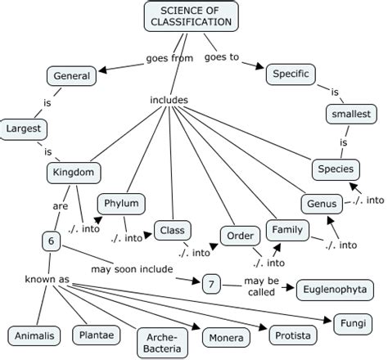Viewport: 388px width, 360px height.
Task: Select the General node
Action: click(72, 76)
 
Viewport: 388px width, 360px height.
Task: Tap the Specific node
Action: click(291, 74)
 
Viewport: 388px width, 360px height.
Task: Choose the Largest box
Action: click(23, 128)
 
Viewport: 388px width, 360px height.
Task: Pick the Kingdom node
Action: click(74, 173)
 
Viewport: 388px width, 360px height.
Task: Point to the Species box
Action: click(336, 169)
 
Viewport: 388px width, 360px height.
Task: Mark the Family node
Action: click(287, 230)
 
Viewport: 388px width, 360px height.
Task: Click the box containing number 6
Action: click(51, 241)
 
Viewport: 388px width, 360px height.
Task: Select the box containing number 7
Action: click(212, 283)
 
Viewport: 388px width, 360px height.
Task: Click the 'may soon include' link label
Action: click(132, 269)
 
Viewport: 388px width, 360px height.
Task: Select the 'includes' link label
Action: click(169, 101)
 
